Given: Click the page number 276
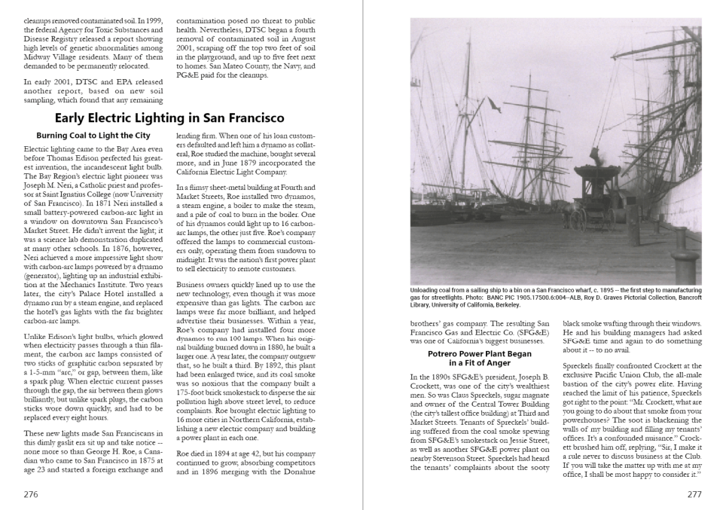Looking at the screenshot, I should coord(31,495).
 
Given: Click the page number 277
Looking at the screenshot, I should coord(694,495).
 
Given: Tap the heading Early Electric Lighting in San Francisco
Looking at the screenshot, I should coord(169,118).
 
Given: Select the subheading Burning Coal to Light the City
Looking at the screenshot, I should coord(93,136).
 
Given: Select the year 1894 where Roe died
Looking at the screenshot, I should coord(223,454).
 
